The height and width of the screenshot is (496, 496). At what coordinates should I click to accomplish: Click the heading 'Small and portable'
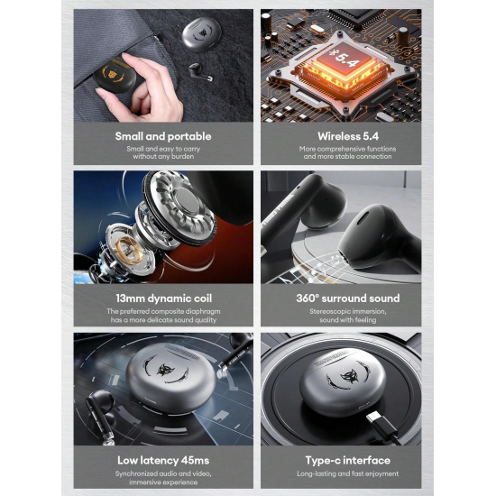point(163,136)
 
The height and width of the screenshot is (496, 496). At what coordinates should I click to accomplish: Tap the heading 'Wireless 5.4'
point(348,136)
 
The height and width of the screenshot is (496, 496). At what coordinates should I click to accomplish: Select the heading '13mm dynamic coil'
point(163,299)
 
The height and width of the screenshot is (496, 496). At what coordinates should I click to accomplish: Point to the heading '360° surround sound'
point(348,299)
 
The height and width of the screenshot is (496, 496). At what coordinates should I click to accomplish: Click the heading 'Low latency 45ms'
point(163,460)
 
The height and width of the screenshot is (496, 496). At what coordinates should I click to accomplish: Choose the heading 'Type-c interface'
point(348,460)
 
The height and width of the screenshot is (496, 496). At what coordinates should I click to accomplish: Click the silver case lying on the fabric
point(201,34)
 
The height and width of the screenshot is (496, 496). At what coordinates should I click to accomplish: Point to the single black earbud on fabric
point(199,71)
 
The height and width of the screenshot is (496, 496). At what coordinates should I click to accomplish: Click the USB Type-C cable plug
point(381,424)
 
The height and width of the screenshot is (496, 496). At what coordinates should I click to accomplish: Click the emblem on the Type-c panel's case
point(348,376)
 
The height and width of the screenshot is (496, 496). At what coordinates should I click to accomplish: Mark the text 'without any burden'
point(163,156)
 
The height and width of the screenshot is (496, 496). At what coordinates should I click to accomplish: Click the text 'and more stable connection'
point(347,156)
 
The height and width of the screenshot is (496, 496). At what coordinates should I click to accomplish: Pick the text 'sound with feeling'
point(347,320)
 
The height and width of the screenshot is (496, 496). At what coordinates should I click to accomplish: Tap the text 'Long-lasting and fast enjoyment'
point(347,473)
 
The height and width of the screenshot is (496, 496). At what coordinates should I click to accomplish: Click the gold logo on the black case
point(113,75)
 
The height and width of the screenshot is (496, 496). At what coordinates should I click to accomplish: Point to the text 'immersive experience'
point(163,482)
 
